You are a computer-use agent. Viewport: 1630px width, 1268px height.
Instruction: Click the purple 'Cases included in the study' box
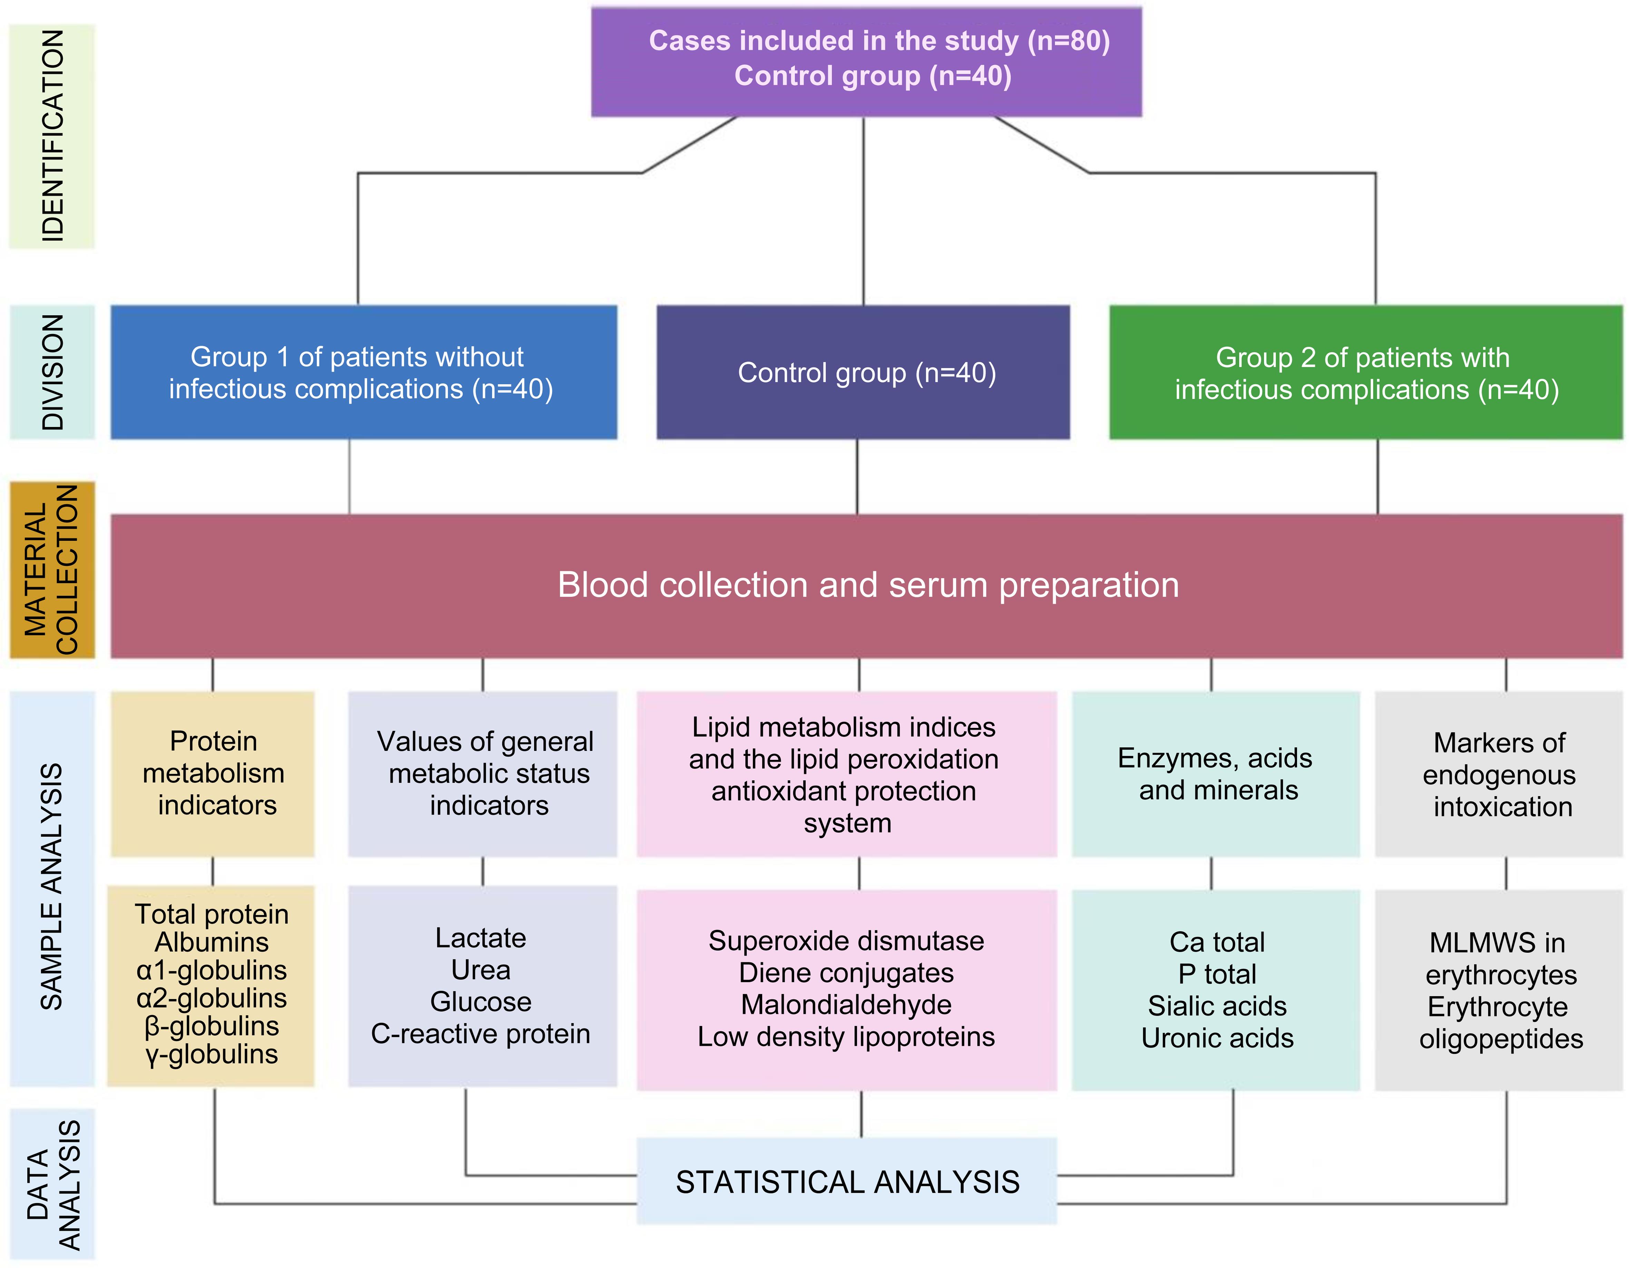[x=866, y=61]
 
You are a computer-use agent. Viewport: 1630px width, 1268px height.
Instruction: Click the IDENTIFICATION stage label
[x=52, y=136]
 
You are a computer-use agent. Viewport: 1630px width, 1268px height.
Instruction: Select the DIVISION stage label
[x=52, y=372]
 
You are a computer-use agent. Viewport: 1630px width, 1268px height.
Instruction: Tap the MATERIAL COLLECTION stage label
[x=52, y=569]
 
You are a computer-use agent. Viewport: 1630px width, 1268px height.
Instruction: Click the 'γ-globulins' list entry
[x=212, y=1054]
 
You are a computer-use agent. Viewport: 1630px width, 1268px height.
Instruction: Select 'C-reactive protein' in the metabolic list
[x=481, y=1034]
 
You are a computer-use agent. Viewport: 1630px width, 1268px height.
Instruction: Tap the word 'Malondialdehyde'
[x=846, y=1004]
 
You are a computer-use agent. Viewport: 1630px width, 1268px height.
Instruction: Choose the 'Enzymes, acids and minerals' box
[x=1215, y=774]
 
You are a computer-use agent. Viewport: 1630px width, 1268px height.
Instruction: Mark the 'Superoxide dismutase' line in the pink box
[x=846, y=941]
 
